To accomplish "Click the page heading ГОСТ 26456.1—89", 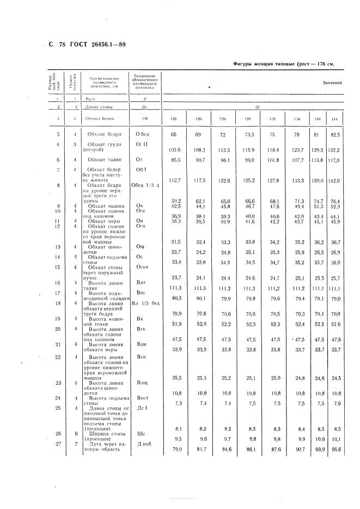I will coord(96,44).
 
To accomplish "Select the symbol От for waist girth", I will coord(139,160).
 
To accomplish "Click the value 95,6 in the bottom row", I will coord(334,449).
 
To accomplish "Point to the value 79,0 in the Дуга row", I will coord(175,449).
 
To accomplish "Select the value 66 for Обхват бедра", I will coord(175,134).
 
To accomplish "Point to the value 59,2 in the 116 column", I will coord(175,201).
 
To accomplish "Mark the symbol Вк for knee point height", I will coord(139,318).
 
